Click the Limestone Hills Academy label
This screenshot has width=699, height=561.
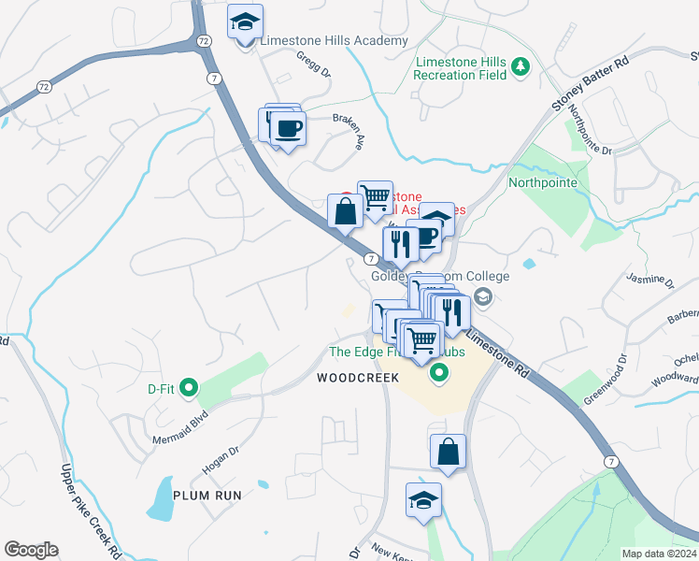pyautogui.click(x=334, y=41)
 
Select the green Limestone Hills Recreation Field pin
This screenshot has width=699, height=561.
pyautogui.click(x=521, y=67)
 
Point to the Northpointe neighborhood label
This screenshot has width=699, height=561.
pyautogui.click(x=543, y=182)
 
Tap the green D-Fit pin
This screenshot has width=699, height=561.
pyautogui.click(x=189, y=386)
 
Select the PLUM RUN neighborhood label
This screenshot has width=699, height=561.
pyautogui.click(x=207, y=495)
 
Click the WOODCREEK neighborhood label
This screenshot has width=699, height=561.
pyautogui.click(x=358, y=378)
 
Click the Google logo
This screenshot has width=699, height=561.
pyautogui.click(x=31, y=550)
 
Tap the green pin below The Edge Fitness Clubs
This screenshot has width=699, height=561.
pyautogui.click(x=439, y=376)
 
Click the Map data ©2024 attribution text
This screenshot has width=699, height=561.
pyautogui.click(x=659, y=554)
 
